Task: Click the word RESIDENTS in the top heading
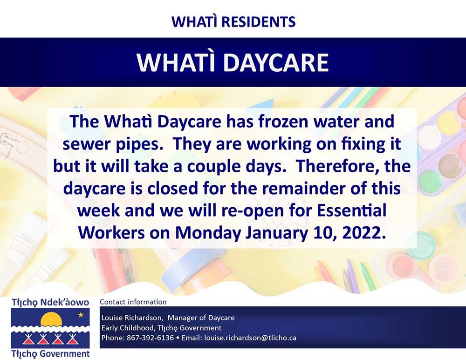(259, 22)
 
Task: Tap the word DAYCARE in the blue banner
(276, 63)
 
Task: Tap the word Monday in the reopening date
(208, 233)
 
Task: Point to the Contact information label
(133, 302)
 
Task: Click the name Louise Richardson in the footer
(132, 318)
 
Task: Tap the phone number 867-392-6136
(150, 338)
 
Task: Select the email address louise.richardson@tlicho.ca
(250, 338)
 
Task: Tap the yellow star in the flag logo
(81, 314)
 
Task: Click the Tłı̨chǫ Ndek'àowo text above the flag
(50, 303)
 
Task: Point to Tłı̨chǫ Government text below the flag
(50, 354)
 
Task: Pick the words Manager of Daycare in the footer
(201, 318)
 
